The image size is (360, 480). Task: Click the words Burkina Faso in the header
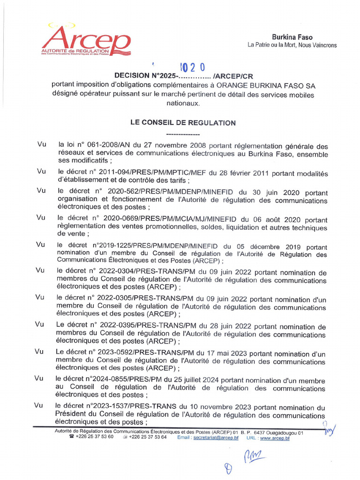coord(292,37)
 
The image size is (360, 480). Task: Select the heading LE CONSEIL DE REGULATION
coord(183,123)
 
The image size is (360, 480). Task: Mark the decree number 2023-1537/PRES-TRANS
coord(129,407)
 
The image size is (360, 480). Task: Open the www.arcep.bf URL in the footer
coord(275,437)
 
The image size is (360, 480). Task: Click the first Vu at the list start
coord(41,145)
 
